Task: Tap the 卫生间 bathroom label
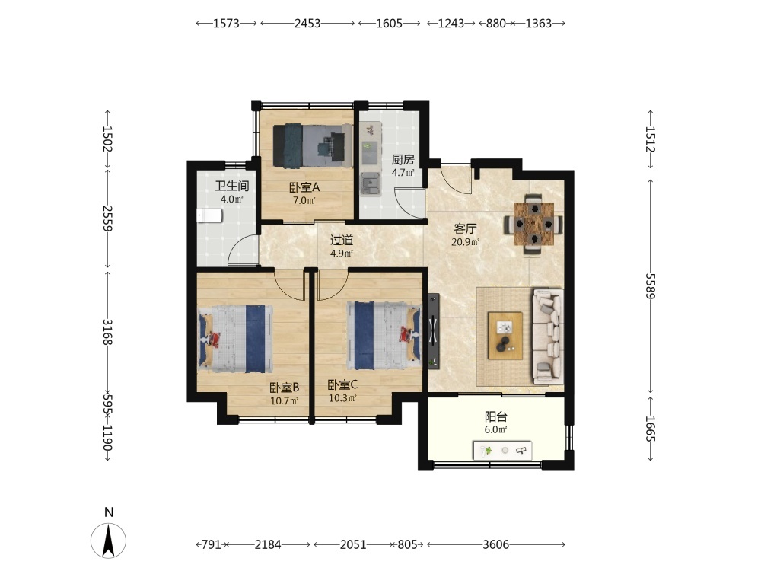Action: tap(232, 186)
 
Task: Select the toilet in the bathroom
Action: tap(209, 215)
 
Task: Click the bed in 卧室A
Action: tap(313, 145)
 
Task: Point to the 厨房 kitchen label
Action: tap(403, 159)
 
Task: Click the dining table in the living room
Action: tap(534, 224)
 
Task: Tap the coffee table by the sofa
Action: tap(505, 336)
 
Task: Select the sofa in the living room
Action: tap(549, 337)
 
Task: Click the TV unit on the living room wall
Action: tap(434, 331)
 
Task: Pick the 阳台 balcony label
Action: tap(496, 416)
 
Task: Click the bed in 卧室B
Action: tap(235, 339)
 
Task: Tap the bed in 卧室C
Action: tap(384, 336)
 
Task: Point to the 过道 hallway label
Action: tap(342, 240)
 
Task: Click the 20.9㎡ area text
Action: tap(466, 242)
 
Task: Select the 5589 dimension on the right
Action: tap(650, 286)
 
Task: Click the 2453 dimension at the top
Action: tap(307, 24)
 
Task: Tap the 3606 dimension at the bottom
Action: tap(495, 545)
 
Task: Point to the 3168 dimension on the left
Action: tap(107, 332)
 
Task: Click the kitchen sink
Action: tap(371, 183)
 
